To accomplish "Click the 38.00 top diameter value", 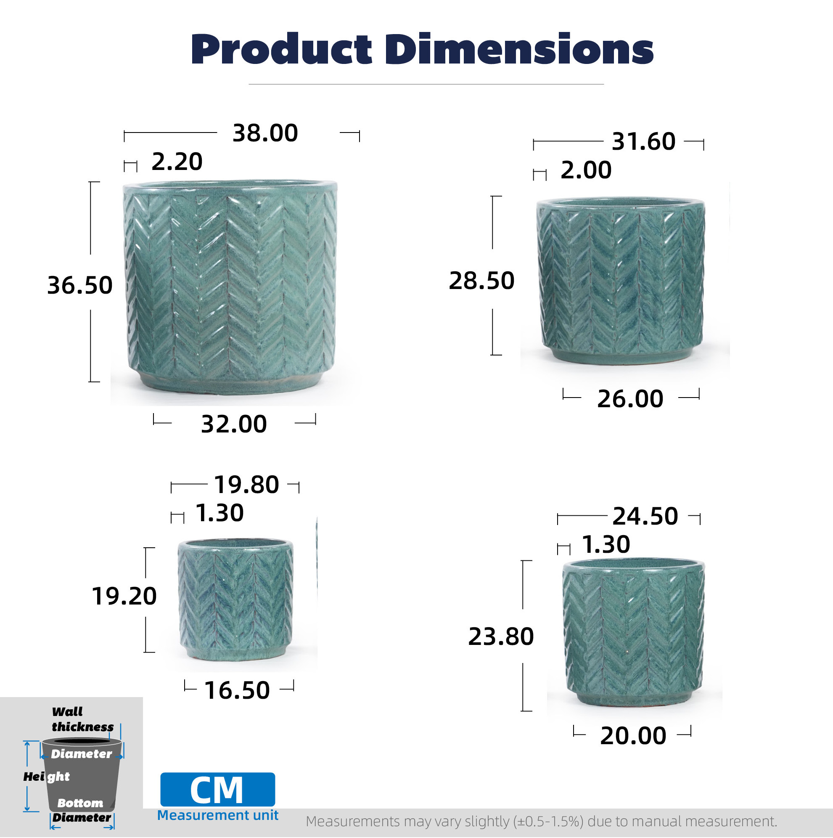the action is coord(265,133).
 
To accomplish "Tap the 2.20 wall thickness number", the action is coord(177,162).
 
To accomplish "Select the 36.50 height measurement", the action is coord(80,285).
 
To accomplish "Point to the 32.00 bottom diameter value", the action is coord(234,424).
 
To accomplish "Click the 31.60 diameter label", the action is coord(643,142).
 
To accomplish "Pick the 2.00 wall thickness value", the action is coord(586,170).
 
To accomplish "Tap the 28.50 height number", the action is coord(481,281).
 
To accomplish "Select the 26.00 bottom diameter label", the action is coord(630,399).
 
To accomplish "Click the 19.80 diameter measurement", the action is coord(246,485).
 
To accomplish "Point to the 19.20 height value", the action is coord(124,596).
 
